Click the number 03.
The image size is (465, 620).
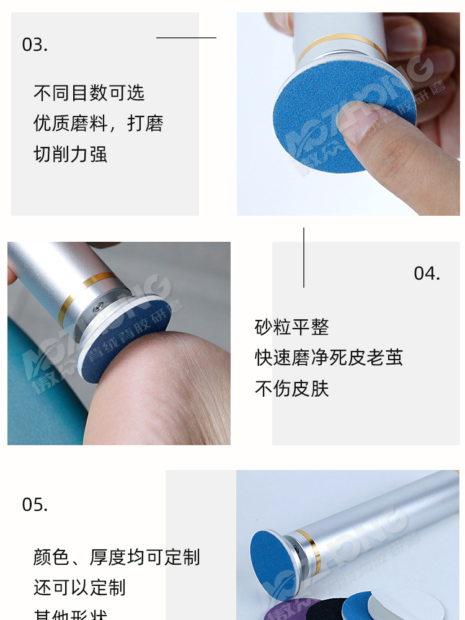[x=35, y=45]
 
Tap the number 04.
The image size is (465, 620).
[x=427, y=273]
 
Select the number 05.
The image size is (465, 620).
[x=35, y=504]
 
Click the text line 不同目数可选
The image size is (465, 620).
[x=89, y=93]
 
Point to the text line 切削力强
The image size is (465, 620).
[x=70, y=153]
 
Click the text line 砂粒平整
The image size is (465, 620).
[x=291, y=327]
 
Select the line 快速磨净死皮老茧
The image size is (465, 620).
[x=329, y=357]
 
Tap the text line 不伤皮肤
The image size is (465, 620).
[x=291, y=388]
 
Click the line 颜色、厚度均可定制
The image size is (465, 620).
[x=117, y=556]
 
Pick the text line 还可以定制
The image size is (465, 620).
[x=79, y=587]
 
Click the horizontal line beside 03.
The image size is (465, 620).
[x=186, y=38]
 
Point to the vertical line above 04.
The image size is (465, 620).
[x=304, y=257]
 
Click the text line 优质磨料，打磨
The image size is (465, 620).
[x=98, y=123]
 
